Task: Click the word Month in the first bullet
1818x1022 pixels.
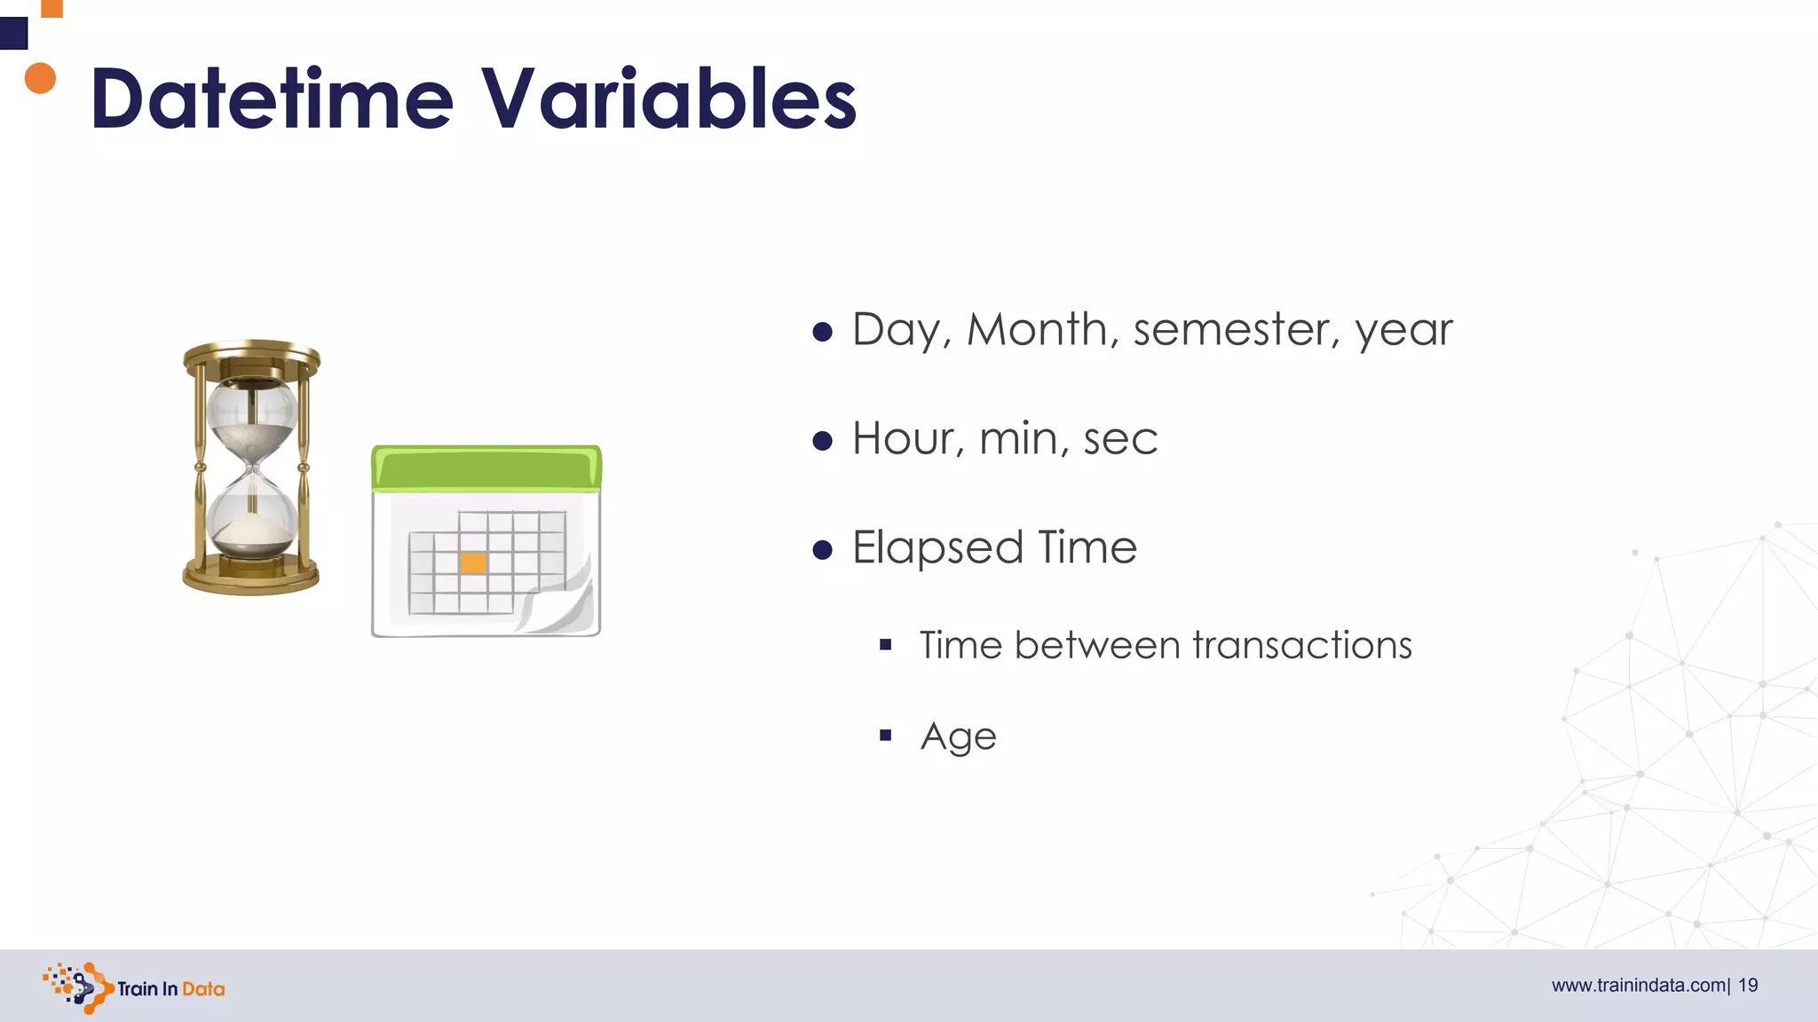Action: pos(1036,329)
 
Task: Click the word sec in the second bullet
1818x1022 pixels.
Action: pos(1120,440)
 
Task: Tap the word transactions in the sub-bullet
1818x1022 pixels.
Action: pos(1301,645)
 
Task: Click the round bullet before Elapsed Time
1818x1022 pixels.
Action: pos(823,550)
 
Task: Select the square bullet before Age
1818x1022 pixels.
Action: pos(885,735)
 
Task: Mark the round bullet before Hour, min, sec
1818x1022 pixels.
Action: pos(823,441)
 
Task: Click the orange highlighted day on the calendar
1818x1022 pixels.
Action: pos(473,563)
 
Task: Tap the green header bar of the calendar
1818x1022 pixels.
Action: pos(486,468)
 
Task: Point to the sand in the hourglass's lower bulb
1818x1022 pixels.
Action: pos(252,536)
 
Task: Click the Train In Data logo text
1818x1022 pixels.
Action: pos(170,989)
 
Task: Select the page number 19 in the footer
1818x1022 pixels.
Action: pos(1748,986)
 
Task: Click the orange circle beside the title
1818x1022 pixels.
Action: pos(40,78)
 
